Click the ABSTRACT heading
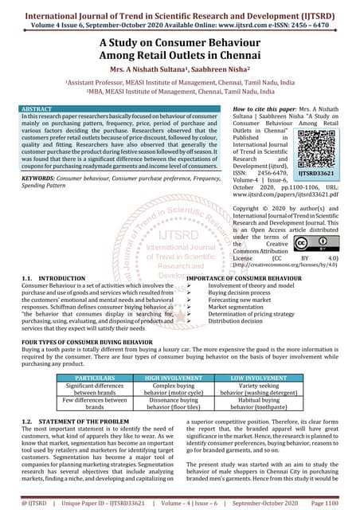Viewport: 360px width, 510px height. point(37,108)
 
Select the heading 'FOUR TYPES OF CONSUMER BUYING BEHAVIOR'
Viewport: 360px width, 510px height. point(83,340)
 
